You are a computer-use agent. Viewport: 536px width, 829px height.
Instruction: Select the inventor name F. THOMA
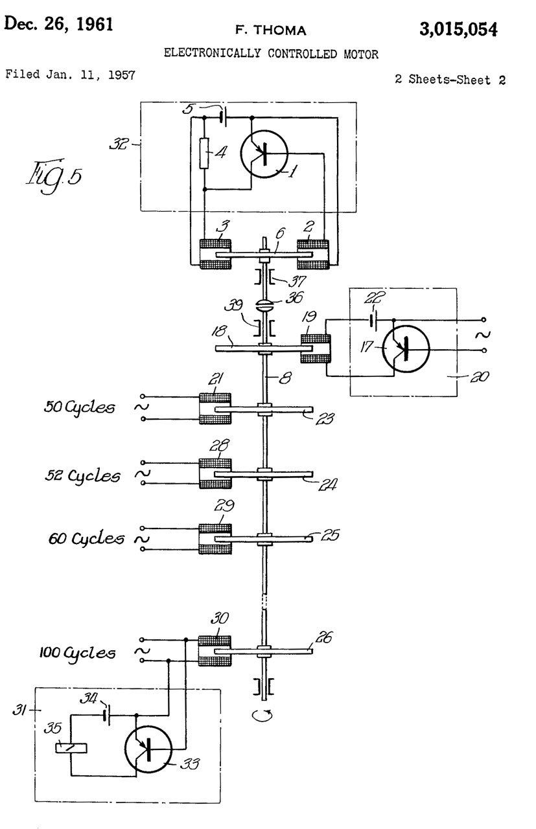coord(271,30)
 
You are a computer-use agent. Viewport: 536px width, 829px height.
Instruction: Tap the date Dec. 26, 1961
coord(59,25)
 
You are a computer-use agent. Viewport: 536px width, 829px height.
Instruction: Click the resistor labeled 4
coord(204,153)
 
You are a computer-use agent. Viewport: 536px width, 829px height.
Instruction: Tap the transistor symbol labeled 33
coord(149,750)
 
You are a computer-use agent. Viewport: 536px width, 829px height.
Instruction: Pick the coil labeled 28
coord(215,475)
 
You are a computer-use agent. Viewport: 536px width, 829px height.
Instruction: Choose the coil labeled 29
coord(215,538)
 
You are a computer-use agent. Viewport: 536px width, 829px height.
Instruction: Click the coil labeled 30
coord(215,650)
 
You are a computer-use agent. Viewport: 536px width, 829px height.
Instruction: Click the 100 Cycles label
coord(76,652)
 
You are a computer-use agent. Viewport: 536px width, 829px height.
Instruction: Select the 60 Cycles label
coord(86,538)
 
